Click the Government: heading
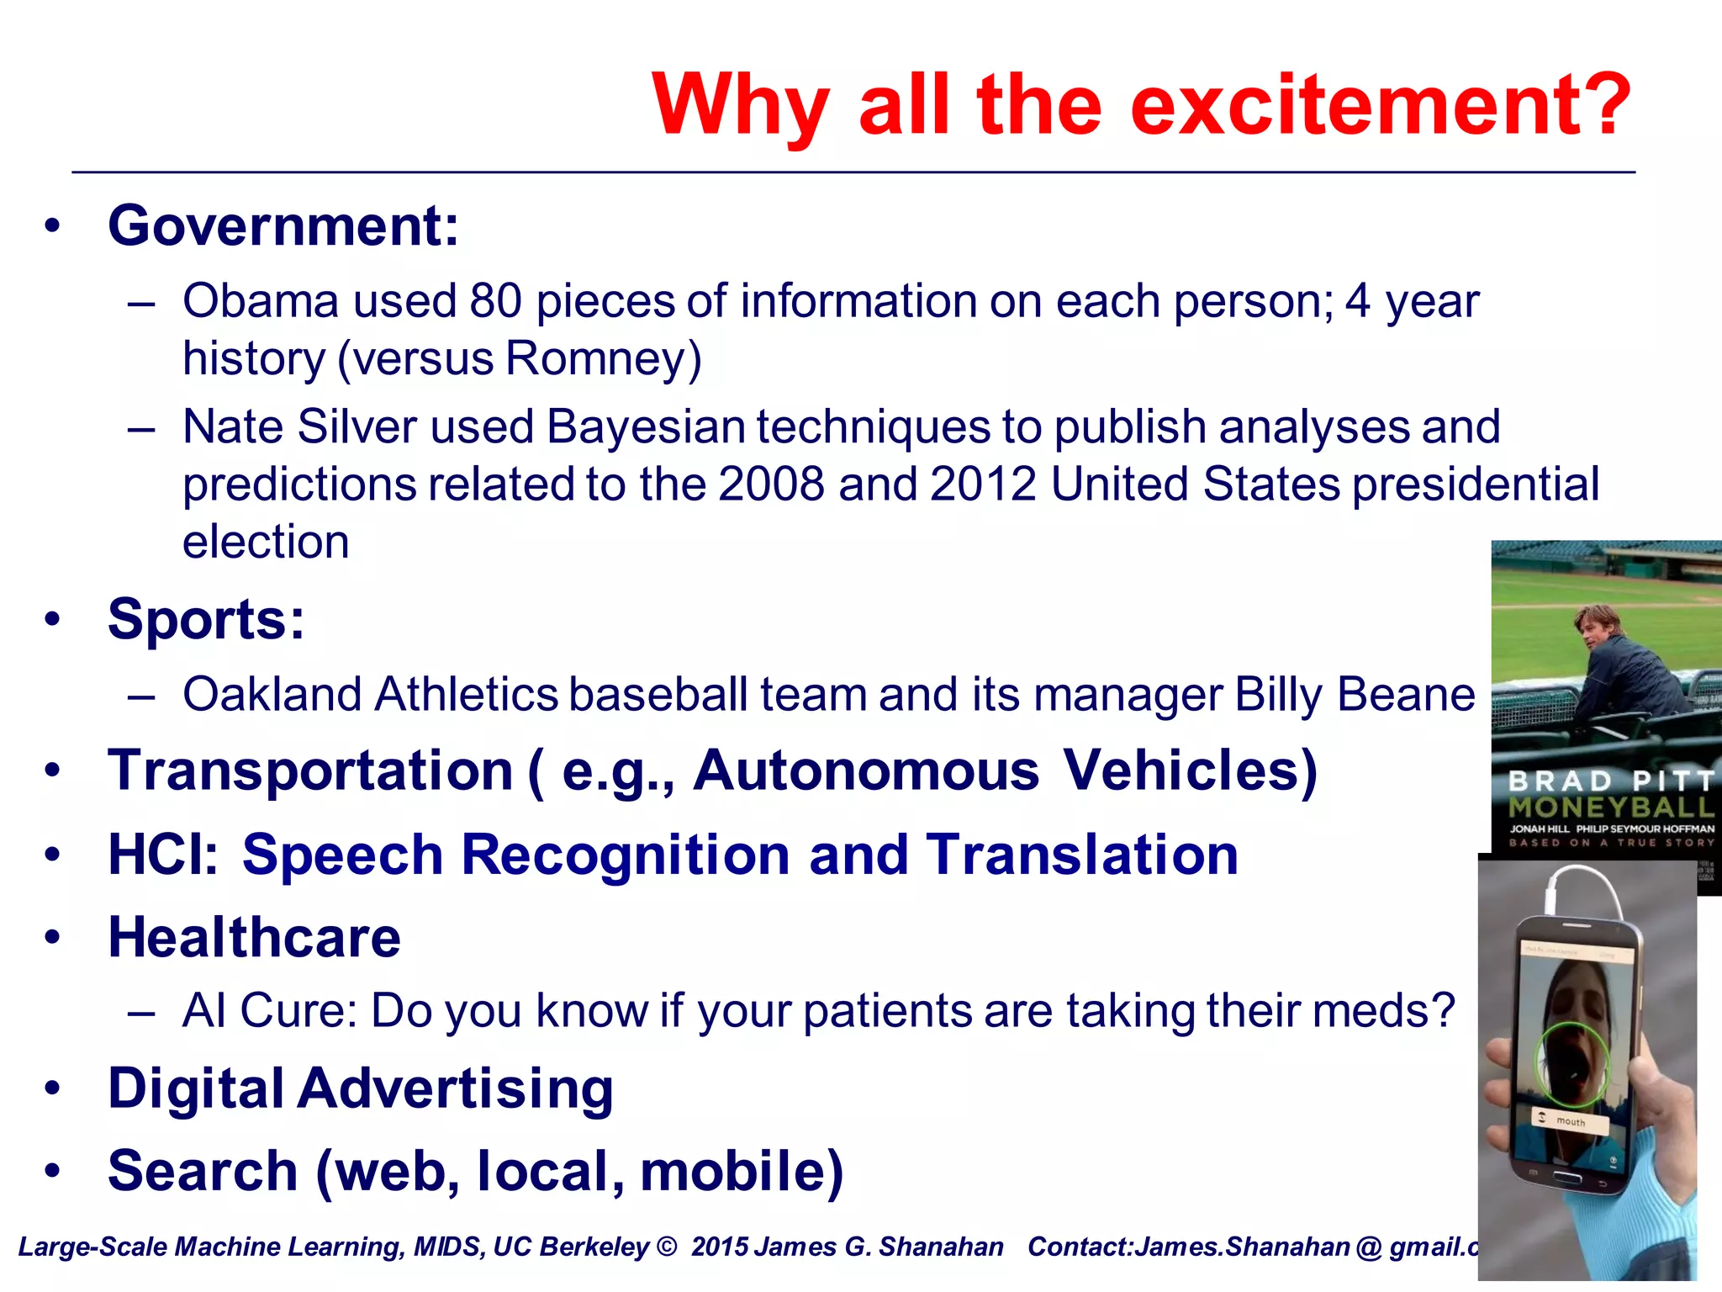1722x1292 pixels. pyautogui.click(x=283, y=226)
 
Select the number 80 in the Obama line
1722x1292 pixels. pyautogui.click(x=495, y=301)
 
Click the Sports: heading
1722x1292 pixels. pyautogui.click(x=206, y=620)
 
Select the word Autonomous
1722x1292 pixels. pyautogui.click(x=865, y=771)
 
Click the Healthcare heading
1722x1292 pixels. pyautogui.click(x=254, y=938)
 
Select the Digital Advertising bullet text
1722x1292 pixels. pyautogui.click(x=361, y=1089)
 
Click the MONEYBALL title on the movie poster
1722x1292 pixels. pyautogui.click(x=1609, y=808)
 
